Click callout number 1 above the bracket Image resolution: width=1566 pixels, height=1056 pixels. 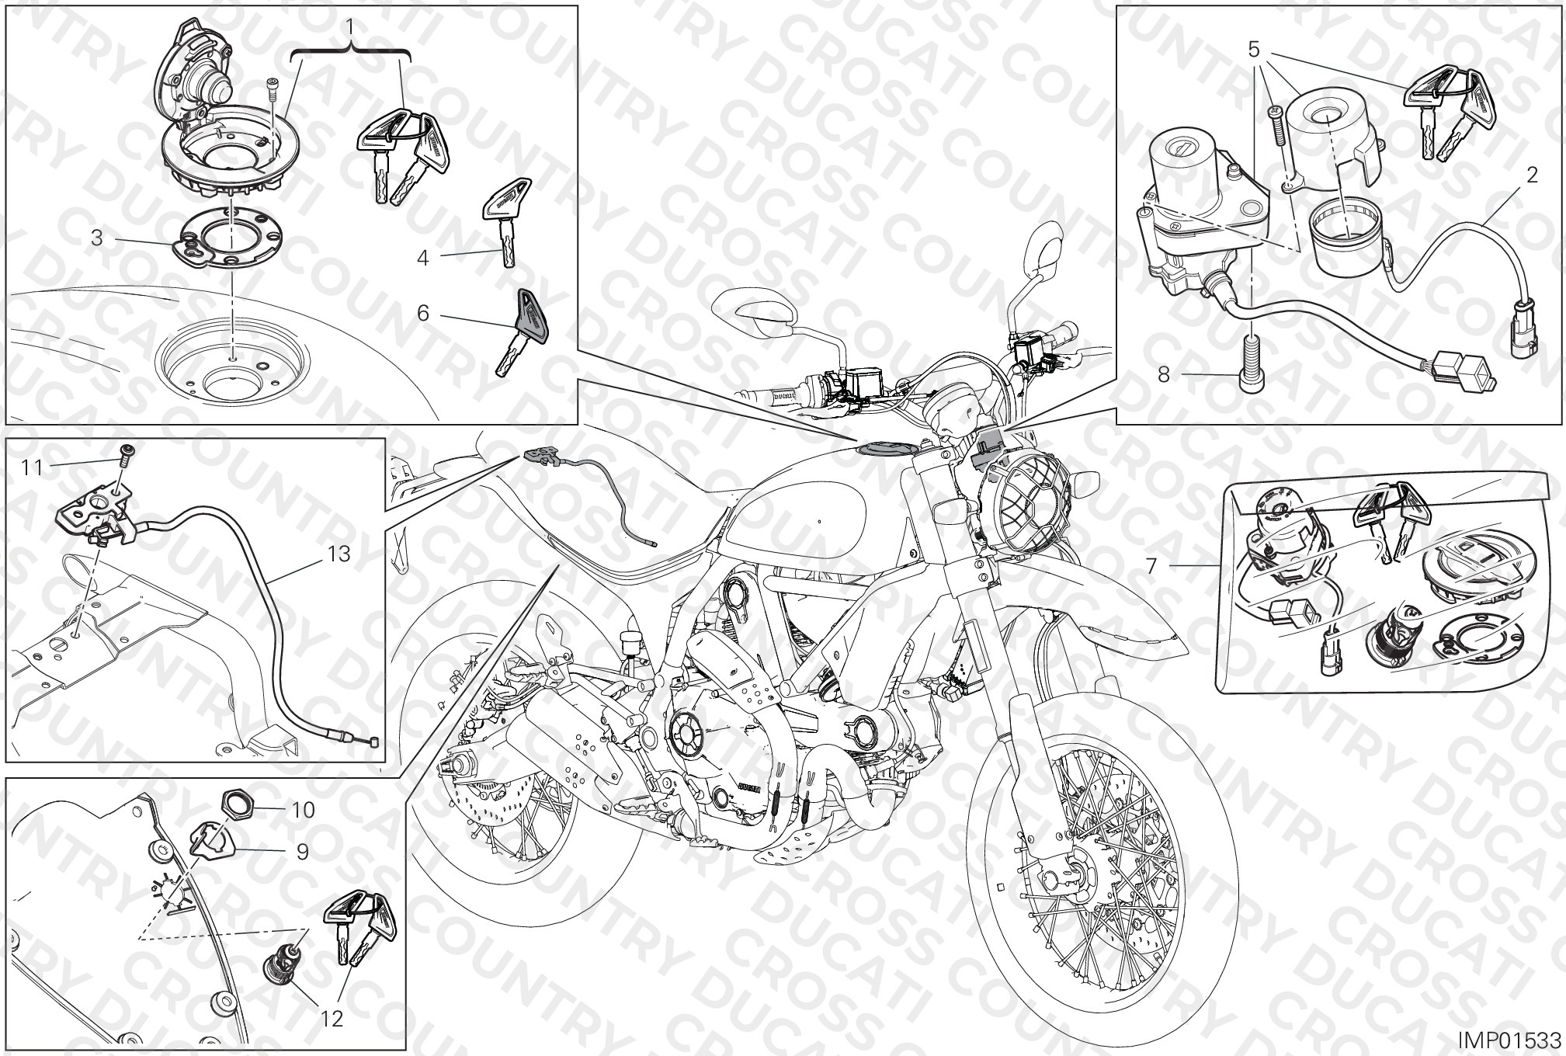[x=351, y=28]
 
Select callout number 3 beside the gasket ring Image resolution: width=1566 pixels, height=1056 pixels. [x=96, y=238]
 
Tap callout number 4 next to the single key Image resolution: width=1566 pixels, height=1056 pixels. [x=422, y=257]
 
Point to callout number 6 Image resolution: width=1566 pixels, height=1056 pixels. [x=423, y=313]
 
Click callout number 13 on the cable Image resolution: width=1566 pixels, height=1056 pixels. [x=339, y=554]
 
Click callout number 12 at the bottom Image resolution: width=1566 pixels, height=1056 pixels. [x=332, y=1018]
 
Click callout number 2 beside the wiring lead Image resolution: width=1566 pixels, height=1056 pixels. [x=1532, y=175]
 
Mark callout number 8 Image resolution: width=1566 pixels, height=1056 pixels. [x=1163, y=375]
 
